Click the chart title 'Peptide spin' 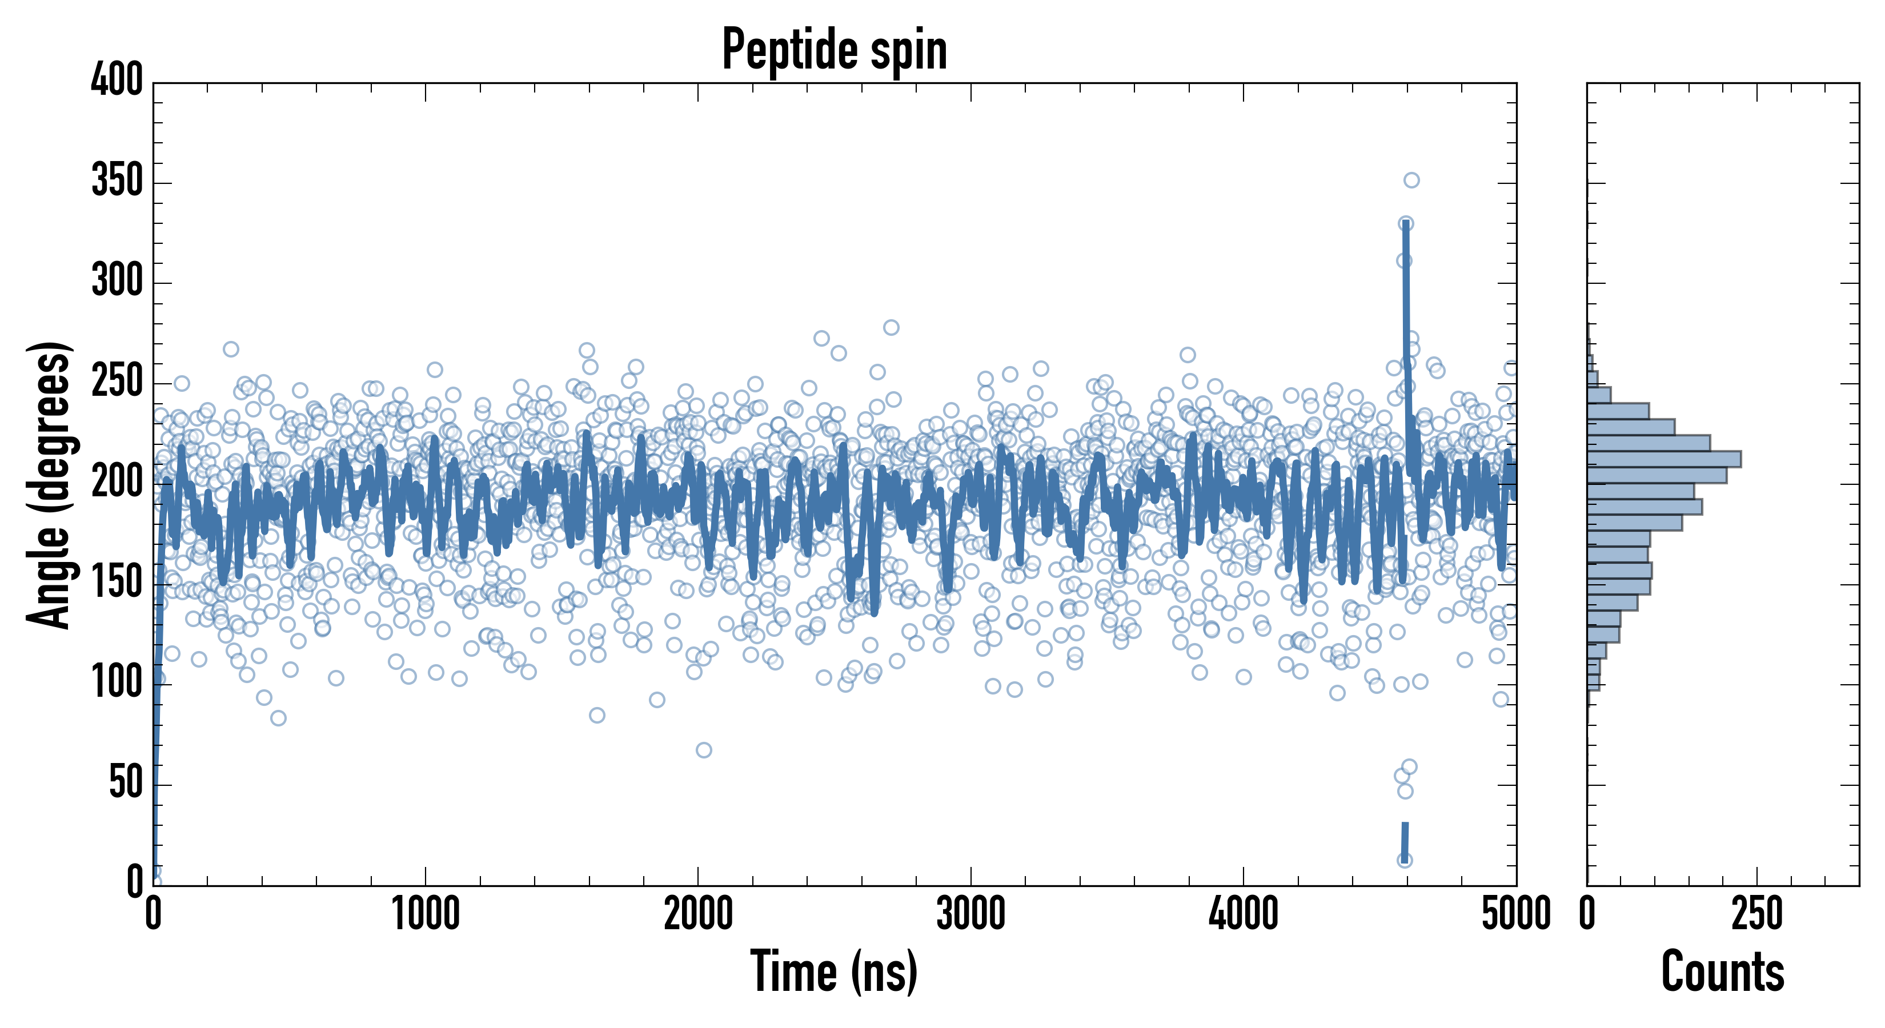tap(834, 50)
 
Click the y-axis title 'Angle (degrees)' tap(49, 484)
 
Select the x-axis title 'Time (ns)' tap(834, 971)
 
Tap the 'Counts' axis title tap(1723, 971)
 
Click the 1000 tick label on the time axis tap(426, 914)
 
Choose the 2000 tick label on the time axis tap(698, 914)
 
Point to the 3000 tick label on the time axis tap(971, 914)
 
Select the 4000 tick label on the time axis tap(1244, 914)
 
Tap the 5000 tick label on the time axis tap(1516, 914)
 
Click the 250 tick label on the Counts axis tap(1757, 914)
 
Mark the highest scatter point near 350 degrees tap(1411, 180)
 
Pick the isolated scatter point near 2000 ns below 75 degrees tap(704, 750)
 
